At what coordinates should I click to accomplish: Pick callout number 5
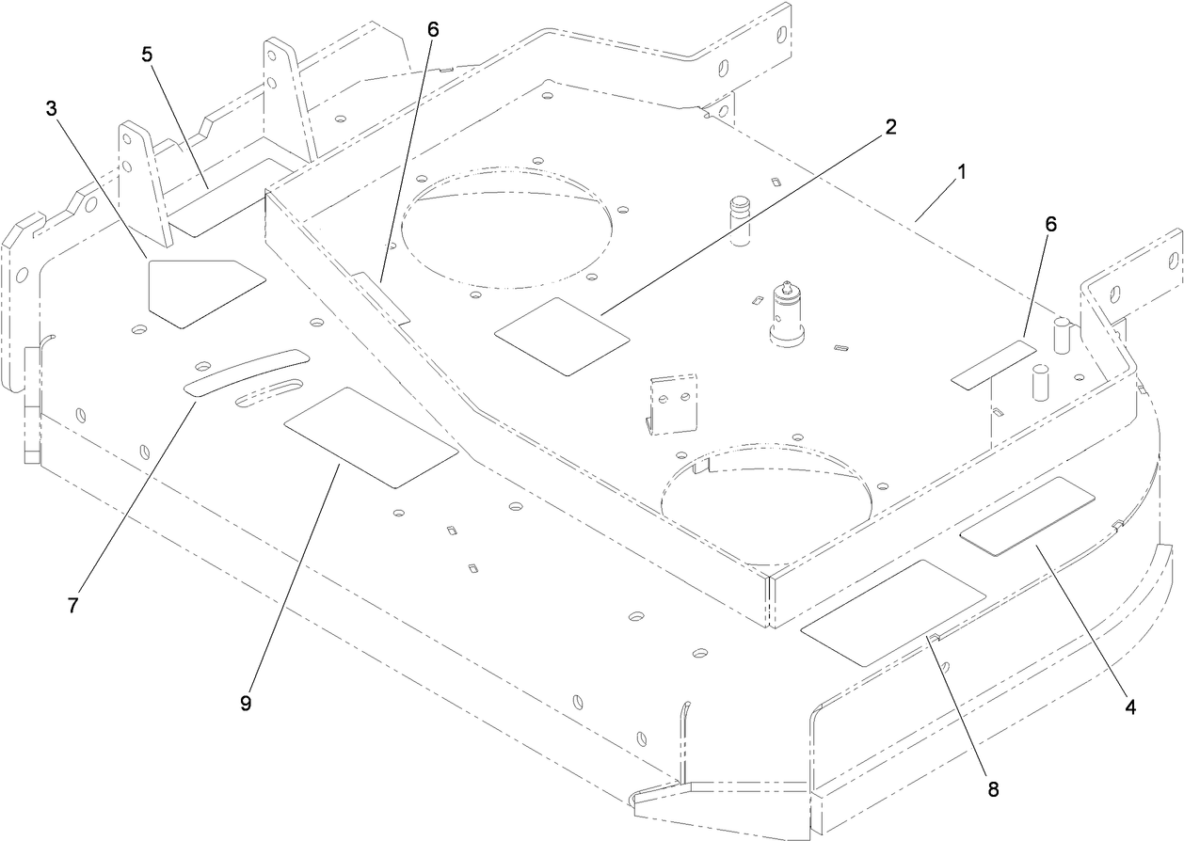click(148, 54)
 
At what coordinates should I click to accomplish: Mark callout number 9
click(246, 705)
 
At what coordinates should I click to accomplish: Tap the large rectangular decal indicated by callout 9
click(370, 436)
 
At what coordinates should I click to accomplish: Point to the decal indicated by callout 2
click(562, 336)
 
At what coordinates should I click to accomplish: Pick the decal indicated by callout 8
click(892, 612)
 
